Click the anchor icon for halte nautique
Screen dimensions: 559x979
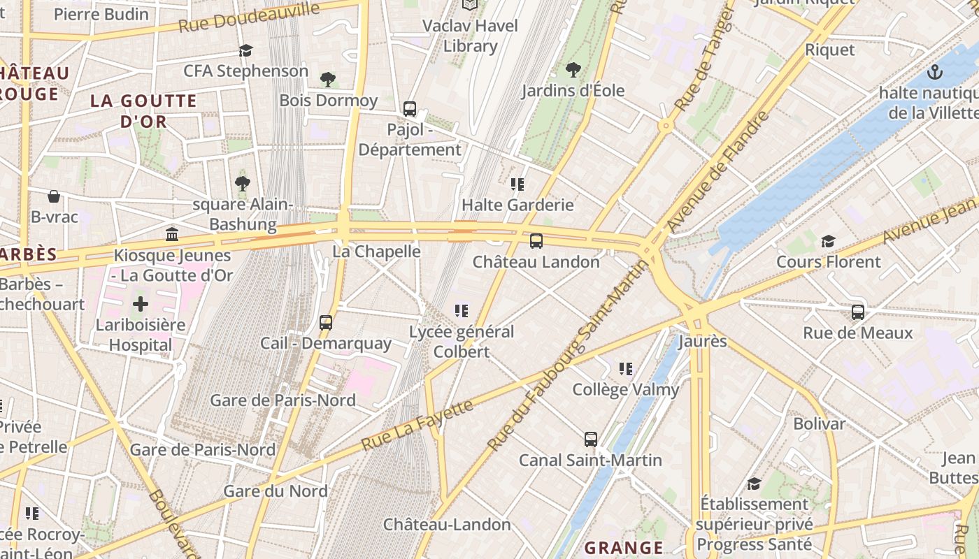click(934, 71)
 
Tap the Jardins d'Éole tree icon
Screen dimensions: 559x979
click(573, 69)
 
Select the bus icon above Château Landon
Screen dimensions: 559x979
click(536, 241)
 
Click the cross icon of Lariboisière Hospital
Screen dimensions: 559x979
click(141, 304)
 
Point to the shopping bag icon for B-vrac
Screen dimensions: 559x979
click(54, 196)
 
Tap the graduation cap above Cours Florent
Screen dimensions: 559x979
click(828, 241)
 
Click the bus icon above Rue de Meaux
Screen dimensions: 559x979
click(858, 312)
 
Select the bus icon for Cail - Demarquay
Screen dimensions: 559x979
click(326, 322)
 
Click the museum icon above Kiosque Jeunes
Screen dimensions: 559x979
click(172, 234)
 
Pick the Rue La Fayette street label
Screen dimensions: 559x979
click(417, 425)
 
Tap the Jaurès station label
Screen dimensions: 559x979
click(703, 342)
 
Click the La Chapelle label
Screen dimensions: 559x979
click(376, 251)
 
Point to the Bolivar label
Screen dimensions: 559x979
click(819, 423)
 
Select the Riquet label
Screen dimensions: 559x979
click(830, 50)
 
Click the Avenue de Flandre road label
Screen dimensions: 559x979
click(718, 172)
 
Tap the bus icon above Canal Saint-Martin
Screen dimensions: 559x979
click(591, 440)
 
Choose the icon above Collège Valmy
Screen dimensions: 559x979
click(626, 368)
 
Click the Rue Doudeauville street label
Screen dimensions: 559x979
click(249, 17)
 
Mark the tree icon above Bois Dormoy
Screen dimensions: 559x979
click(327, 79)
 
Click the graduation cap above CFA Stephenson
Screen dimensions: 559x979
click(245, 50)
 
